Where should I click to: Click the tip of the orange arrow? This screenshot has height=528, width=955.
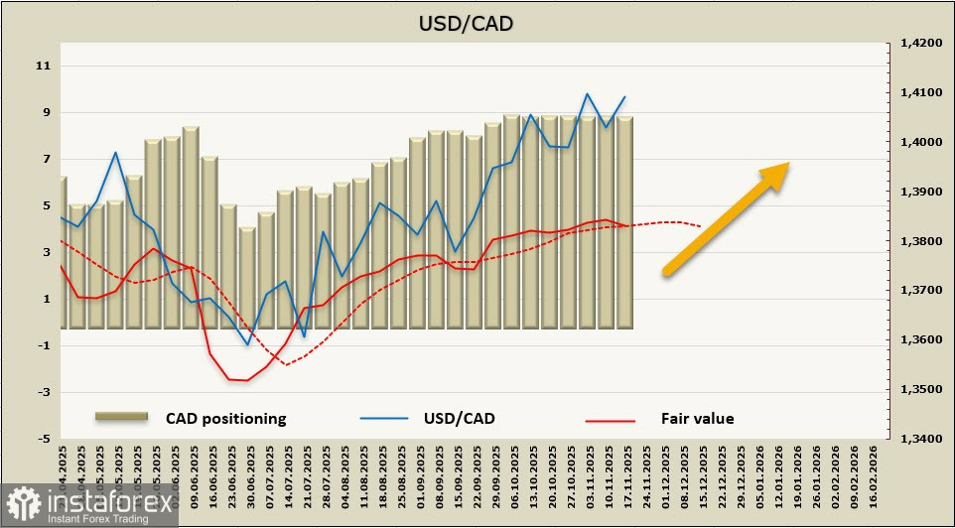tap(789, 164)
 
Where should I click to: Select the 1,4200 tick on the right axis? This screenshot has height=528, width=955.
tap(920, 44)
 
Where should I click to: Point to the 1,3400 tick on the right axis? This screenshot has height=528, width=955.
tap(920, 439)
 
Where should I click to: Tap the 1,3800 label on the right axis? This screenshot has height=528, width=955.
tap(920, 241)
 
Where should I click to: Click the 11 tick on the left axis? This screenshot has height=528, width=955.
tap(43, 66)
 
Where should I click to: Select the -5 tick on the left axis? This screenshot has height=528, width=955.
tap(43, 439)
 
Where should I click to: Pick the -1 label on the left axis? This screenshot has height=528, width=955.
tap(43, 345)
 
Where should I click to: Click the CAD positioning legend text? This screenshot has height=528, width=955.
tap(225, 418)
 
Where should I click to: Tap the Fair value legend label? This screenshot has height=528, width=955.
tap(697, 418)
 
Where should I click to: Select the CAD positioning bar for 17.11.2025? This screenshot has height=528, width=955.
tap(624, 222)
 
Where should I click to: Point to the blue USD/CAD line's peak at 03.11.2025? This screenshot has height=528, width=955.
tap(588, 93)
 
